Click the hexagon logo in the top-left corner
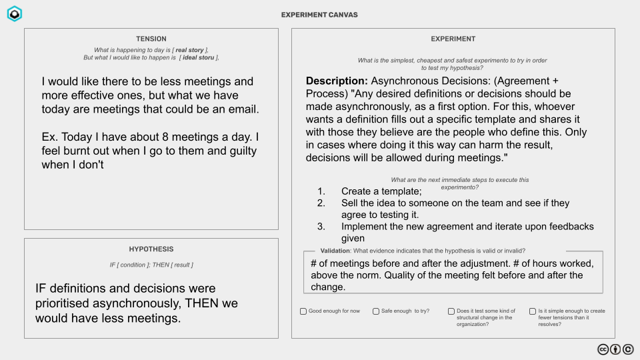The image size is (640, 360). coord(14,14)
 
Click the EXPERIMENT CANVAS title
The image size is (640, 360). coord(319,15)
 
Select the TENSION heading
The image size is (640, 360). coord(151,39)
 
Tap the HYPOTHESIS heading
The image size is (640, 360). coord(151,249)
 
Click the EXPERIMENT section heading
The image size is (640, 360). coord(453,39)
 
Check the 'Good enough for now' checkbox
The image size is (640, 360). coord(303,311)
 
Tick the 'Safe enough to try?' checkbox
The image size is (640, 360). coord(377,311)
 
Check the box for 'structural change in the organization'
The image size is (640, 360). coord(451,311)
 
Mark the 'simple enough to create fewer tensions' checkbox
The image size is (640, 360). coord(533,311)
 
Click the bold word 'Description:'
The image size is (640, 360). coord(337,81)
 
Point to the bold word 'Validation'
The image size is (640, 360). coord(335,251)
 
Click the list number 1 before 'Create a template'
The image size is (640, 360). coord(321,191)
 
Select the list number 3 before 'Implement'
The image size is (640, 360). coord(321,227)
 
